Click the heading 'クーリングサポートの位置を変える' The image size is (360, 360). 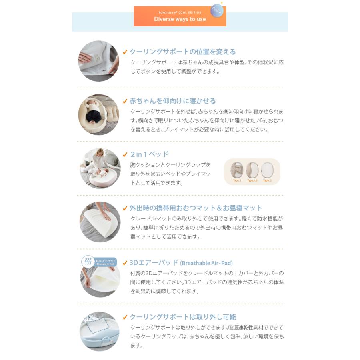(x=182, y=52)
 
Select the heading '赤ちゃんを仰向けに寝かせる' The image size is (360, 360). (x=172, y=101)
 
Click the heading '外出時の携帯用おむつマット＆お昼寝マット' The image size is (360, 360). (x=196, y=208)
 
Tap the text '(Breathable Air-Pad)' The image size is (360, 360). (x=206, y=263)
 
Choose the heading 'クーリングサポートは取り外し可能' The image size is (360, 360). (x=182, y=317)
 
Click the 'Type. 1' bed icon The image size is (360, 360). (x=237, y=170)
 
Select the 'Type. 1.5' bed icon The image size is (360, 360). (x=252, y=170)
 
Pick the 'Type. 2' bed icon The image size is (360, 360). (x=267, y=170)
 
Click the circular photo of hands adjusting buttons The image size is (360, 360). (x=98, y=61)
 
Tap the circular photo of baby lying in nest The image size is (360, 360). (x=98, y=114)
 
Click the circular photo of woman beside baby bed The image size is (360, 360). (x=100, y=168)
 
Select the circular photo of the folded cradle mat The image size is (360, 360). (x=100, y=222)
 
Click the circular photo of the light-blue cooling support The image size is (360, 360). (x=100, y=331)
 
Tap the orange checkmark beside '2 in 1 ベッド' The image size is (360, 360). (x=125, y=155)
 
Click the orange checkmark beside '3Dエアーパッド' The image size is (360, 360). (x=125, y=263)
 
